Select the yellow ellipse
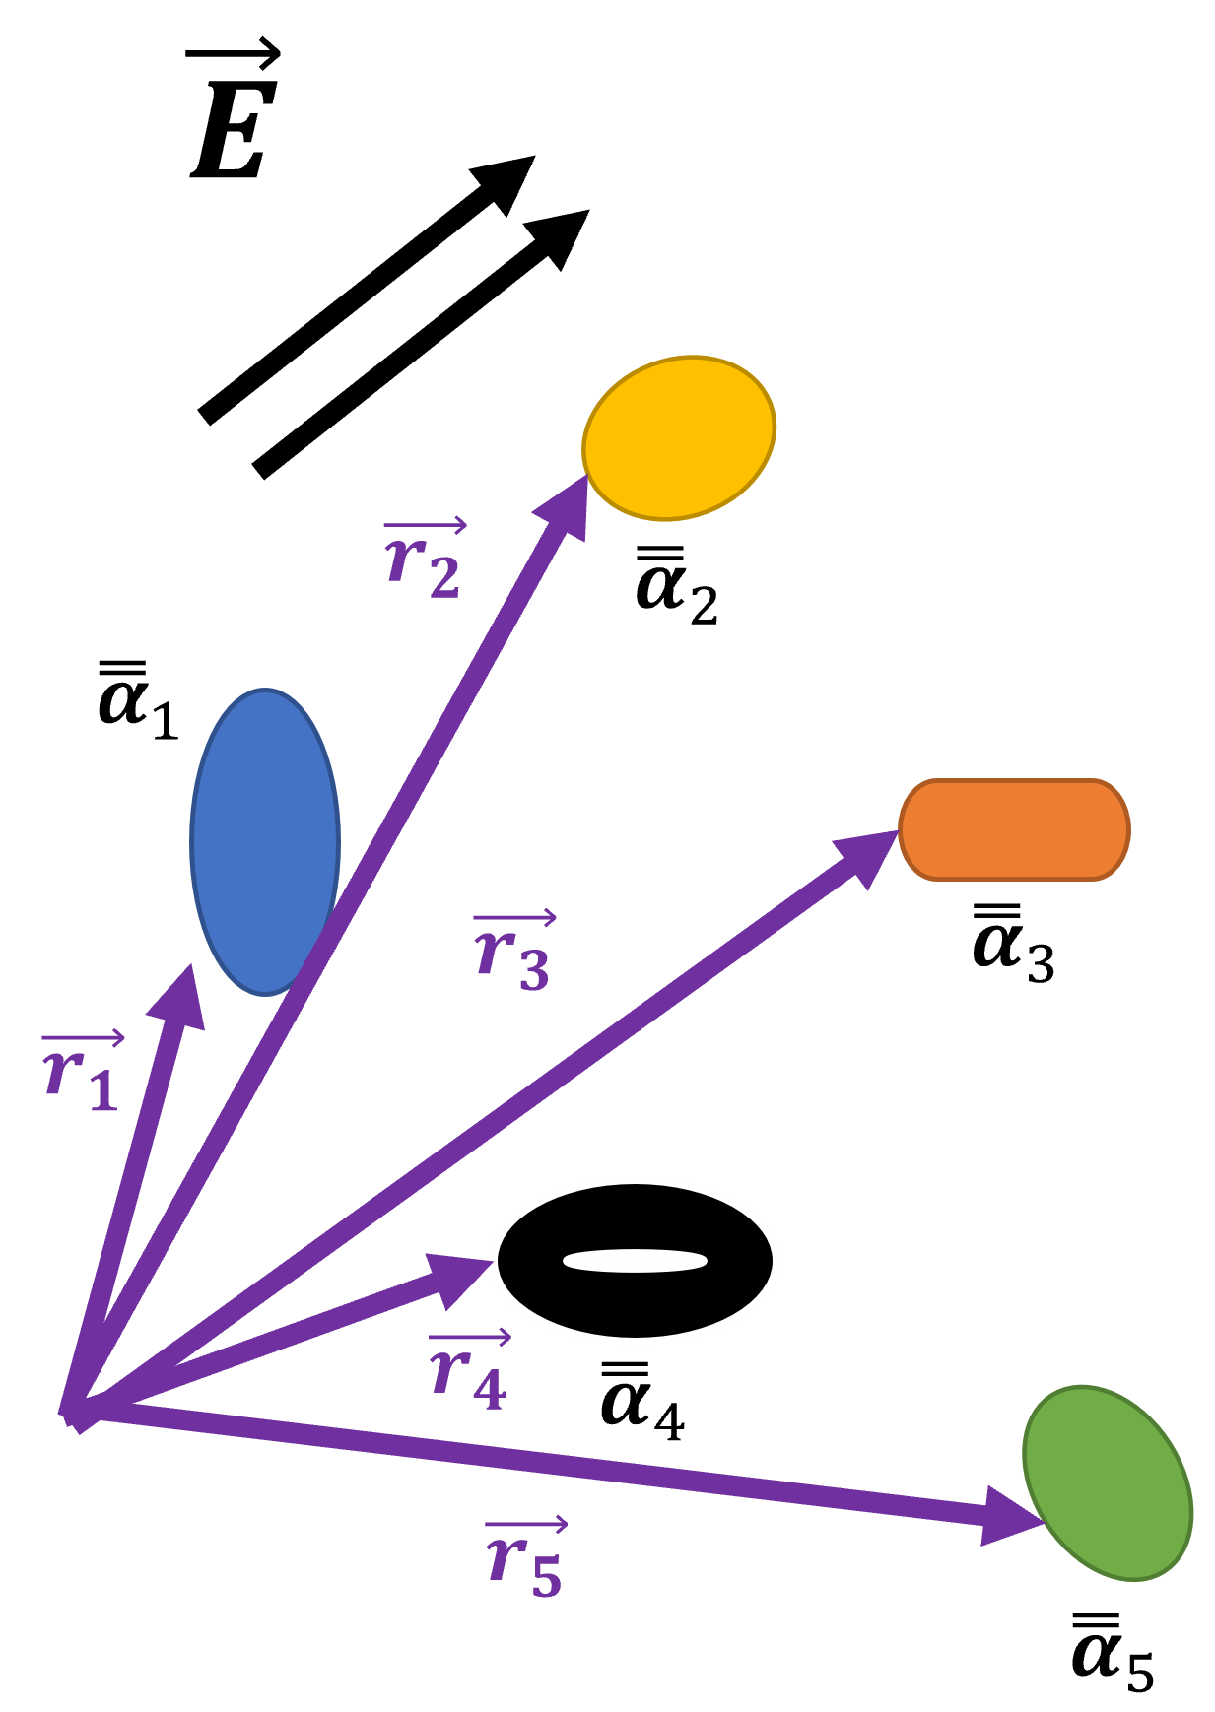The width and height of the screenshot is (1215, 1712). [679, 437]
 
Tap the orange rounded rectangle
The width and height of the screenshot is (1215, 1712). [1014, 829]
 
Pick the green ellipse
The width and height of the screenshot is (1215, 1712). [1108, 1482]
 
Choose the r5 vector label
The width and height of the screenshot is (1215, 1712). [524, 1558]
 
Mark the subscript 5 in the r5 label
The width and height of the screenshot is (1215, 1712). [546, 1575]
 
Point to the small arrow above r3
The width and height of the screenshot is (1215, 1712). [514, 918]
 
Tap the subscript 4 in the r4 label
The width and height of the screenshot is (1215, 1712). [490, 1389]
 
